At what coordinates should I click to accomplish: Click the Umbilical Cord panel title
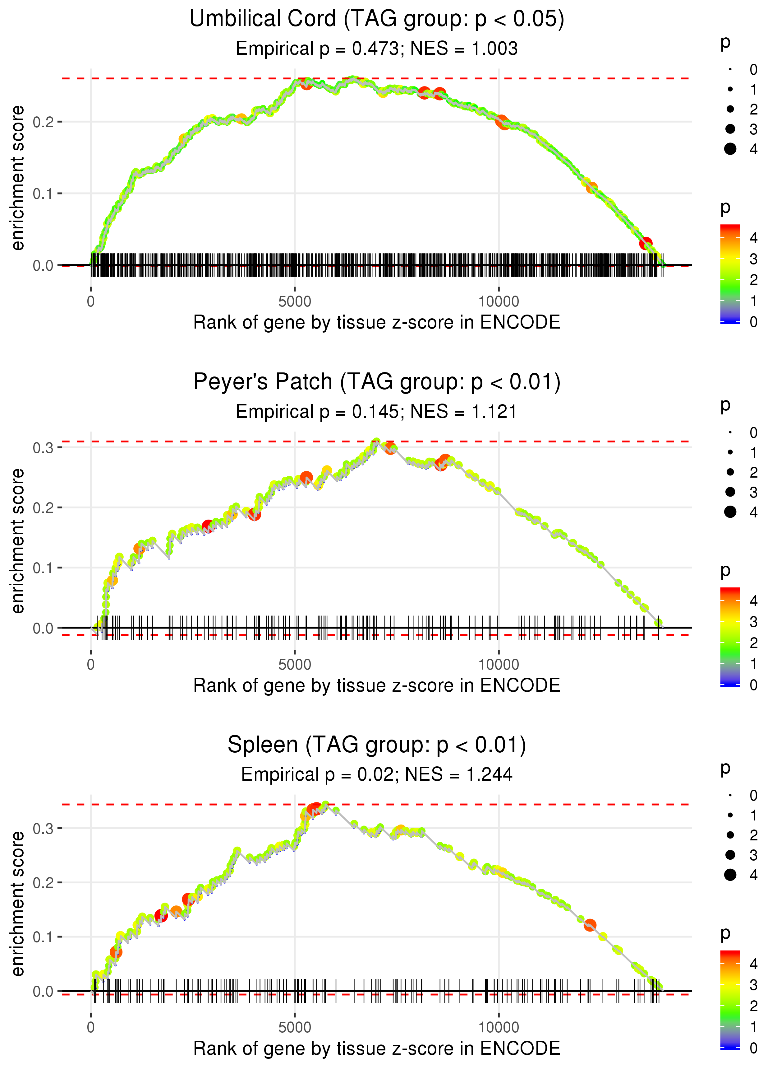click(x=377, y=19)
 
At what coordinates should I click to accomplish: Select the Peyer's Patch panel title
click(x=377, y=382)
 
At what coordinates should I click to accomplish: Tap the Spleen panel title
click(x=377, y=745)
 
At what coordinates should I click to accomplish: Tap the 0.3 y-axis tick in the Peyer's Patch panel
click(x=43, y=448)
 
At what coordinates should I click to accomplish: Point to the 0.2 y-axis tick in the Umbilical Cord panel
click(x=43, y=122)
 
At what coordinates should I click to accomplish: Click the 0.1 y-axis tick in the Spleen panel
click(x=43, y=937)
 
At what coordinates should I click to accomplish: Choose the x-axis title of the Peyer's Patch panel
click(x=377, y=685)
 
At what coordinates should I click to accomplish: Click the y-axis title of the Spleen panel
click(x=18, y=904)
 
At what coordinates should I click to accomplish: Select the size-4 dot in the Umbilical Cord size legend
click(x=730, y=149)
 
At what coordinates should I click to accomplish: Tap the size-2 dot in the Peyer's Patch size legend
click(x=730, y=472)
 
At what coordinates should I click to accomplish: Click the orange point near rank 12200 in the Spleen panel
click(x=590, y=925)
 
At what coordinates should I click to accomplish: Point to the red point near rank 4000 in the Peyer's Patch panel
click(x=255, y=514)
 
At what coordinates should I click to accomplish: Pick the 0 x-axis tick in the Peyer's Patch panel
click(x=91, y=665)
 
